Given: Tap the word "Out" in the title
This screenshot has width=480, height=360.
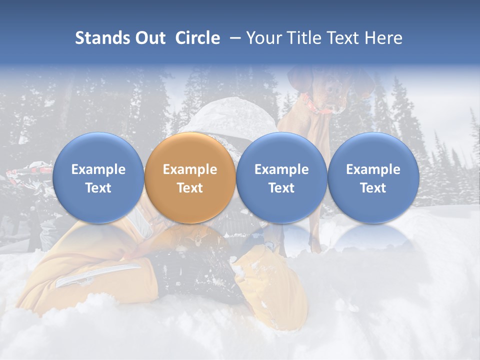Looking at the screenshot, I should point(149,38).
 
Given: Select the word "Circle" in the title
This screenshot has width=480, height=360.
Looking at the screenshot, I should point(197,38).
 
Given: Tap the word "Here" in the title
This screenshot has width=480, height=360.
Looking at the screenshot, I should point(383,38).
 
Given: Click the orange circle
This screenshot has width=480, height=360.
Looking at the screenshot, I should point(190,177).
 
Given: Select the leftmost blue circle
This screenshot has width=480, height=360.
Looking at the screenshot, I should point(98,177).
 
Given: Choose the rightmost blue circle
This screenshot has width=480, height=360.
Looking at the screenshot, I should point(373,177).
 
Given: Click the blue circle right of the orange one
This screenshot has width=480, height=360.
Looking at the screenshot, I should point(281,177).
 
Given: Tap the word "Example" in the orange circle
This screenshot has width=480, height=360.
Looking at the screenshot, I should point(190,169).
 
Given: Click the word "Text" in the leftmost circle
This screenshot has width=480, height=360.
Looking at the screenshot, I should point(98,188).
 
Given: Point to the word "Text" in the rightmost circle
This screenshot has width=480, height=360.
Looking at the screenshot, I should point(373,188).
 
